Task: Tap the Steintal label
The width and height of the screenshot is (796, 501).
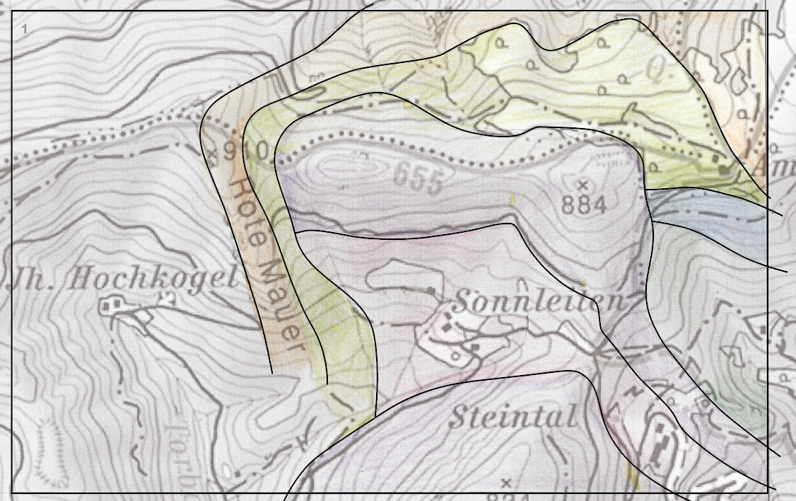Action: pyautogui.click(x=513, y=417)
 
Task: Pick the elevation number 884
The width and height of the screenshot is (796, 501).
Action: pyautogui.click(x=584, y=205)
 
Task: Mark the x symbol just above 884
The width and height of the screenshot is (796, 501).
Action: pyautogui.click(x=583, y=185)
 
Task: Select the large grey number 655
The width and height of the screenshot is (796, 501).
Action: pyautogui.click(x=418, y=178)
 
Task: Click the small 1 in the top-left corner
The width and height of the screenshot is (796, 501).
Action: pyautogui.click(x=25, y=29)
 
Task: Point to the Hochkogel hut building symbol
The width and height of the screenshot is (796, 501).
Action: pyautogui.click(x=110, y=306)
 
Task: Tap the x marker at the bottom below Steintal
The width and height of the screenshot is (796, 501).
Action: pyautogui.click(x=505, y=483)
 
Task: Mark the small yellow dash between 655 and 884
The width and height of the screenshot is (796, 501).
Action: pyautogui.click(x=513, y=200)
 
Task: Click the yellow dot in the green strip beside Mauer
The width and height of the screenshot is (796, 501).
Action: pyautogui.click(x=335, y=329)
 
